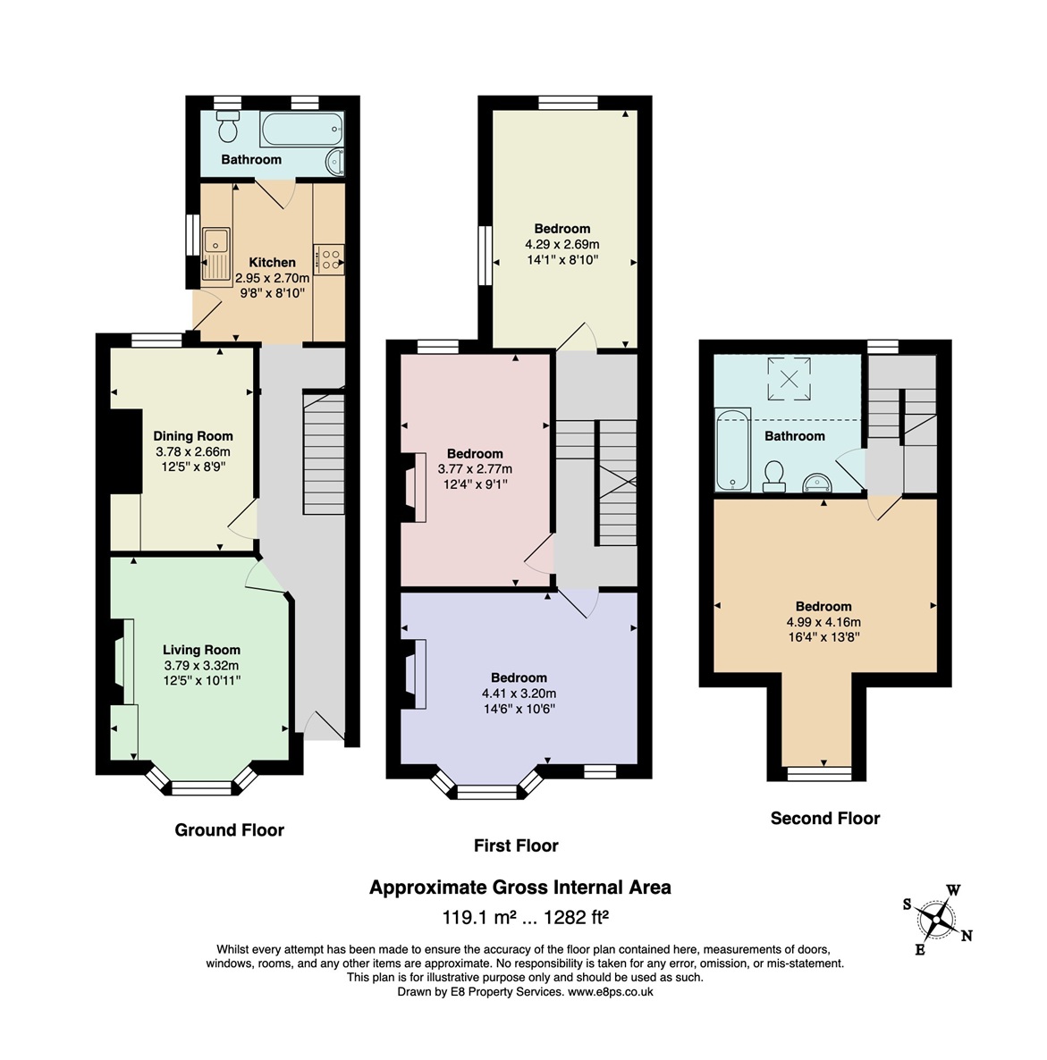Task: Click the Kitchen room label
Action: click(x=272, y=262)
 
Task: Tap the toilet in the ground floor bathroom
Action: click(x=228, y=126)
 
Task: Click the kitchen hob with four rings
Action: click(x=329, y=259)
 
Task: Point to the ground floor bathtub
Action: click(x=301, y=129)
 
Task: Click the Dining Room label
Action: click(x=193, y=436)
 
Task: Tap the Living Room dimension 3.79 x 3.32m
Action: click(x=201, y=665)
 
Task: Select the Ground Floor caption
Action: click(x=229, y=830)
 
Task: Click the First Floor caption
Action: click(x=516, y=845)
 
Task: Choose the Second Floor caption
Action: click(x=825, y=819)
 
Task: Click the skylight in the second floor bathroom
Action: click(x=789, y=379)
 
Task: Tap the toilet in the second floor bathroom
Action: click(x=773, y=475)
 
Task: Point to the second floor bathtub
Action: click(x=732, y=449)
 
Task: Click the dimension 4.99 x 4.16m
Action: click(x=823, y=622)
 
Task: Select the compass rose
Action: click(x=937, y=920)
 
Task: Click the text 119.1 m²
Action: click(x=479, y=917)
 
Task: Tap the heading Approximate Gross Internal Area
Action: click(x=520, y=888)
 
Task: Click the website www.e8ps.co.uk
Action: click(x=611, y=992)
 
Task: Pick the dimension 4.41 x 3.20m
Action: click(x=519, y=693)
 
